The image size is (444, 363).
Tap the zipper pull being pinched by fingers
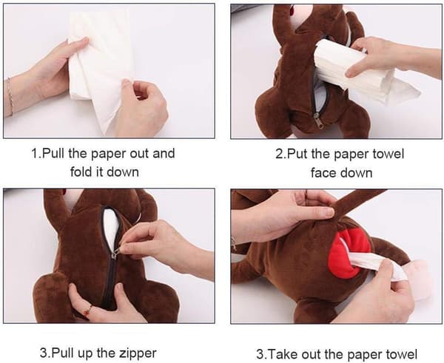coord(116,252)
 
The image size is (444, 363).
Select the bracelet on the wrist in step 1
coord(10,97)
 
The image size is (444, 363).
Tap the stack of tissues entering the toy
coord(354,71)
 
